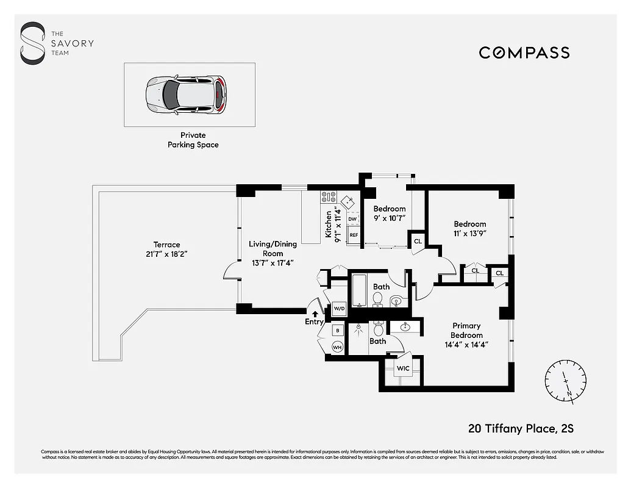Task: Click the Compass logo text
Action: pos(524,52)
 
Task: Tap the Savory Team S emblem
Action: pos(32,43)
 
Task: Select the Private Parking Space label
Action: pos(193,140)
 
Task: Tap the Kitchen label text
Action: pos(329,224)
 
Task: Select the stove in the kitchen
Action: pos(329,197)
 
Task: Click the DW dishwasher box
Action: pos(352,218)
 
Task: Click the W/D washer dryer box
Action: pos(340,309)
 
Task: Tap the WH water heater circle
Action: pos(337,347)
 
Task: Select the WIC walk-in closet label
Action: pos(403,369)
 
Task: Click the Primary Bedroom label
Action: pos(466,331)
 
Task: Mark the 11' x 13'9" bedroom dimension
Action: pos(469,233)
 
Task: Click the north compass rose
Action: pos(566,381)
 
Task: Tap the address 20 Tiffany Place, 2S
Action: pos(521,429)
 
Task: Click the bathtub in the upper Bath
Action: pos(360,291)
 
